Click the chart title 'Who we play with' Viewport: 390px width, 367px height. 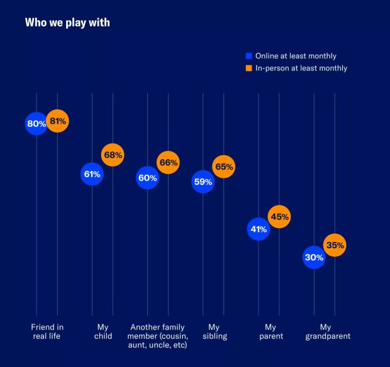click(67, 23)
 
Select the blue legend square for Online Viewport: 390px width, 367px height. click(248, 56)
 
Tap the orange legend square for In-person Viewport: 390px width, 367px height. click(248, 68)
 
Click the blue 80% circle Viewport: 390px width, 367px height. click(36, 124)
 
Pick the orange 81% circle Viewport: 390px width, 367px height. click(57, 121)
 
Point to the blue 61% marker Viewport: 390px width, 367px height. click(92, 174)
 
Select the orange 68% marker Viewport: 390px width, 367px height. click(113, 155)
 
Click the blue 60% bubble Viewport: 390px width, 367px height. click(147, 178)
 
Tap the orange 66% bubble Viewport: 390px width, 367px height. click(169, 163)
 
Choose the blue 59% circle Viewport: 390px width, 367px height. click(203, 182)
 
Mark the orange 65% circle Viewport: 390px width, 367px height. click(224, 167)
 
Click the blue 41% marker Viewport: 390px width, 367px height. click(258, 229)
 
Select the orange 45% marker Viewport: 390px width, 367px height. click(279, 217)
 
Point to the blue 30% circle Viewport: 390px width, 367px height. click(314, 257)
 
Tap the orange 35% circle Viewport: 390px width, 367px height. click(335, 245)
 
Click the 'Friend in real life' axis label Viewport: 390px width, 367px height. click(47, 332)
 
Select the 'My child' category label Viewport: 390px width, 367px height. click(103, 332)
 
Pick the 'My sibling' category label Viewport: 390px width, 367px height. click(214, 332)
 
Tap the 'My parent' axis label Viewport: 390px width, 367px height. click(270, 332)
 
